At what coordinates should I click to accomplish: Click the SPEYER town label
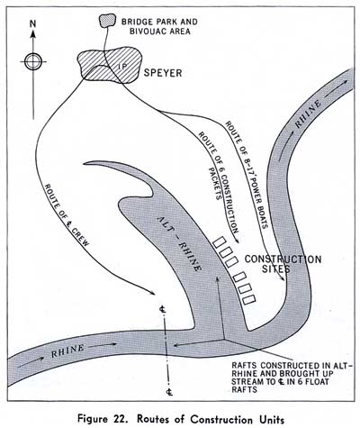click(x=163, y=73)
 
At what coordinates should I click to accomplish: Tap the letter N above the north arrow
click(x=32, y=24)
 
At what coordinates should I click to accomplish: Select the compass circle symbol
click(x=33, y=61)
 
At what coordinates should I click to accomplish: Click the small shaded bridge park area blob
click(x=107, y=21)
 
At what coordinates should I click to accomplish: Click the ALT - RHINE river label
click(x=179, y=244)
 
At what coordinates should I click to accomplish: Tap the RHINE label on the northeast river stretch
click(x=309, y=114)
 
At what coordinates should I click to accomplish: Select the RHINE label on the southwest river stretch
click(x=67, y=351)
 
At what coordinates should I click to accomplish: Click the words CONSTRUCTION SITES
click(x=283, y=264)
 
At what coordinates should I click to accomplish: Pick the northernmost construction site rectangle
click(x=220, y=242)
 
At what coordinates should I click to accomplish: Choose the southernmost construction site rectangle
click(x=249, y=299)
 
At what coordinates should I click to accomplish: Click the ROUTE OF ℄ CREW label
click(x=67, y=215)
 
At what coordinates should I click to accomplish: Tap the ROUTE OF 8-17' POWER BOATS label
click(x=247, y=175)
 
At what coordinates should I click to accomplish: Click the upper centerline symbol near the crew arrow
click(x=163, y=309)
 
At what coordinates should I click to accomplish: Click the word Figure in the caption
click(x=93, y=419)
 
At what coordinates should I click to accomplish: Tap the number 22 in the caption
click(x=119, y=418)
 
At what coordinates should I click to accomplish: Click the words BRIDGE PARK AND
click(x=159, y=22)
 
